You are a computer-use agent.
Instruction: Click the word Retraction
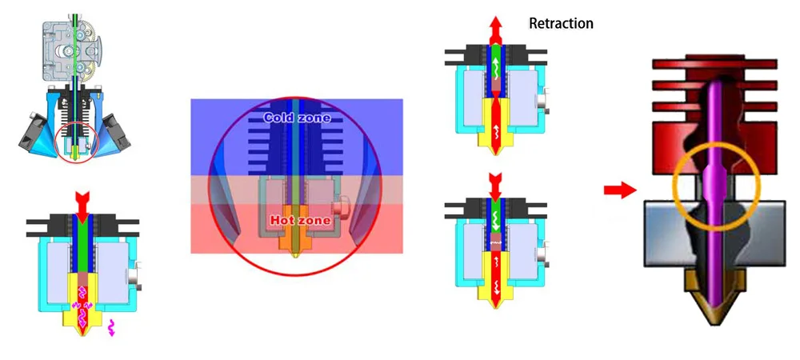561,23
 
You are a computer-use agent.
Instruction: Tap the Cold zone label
297,118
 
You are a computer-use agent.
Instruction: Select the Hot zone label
300,221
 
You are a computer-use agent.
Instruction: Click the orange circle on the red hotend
716,142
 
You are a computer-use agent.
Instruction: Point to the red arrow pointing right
620,190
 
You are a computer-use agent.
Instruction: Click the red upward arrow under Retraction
495,30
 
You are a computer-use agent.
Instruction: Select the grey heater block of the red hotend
715,233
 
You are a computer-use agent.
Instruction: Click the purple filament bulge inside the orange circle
716,183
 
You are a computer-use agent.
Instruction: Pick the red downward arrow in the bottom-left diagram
82,202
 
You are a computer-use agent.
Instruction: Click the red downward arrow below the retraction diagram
495,187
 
